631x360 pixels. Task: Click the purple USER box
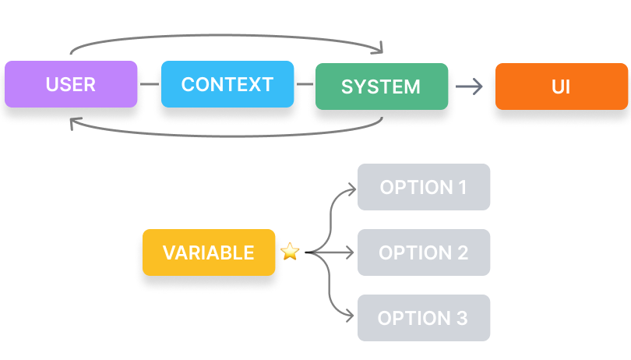[x=71, y=84]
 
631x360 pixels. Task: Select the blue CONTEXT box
[x=227, y=84]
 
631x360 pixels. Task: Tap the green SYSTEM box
[x=381, y=86]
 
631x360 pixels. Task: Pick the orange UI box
[x=561, y=86]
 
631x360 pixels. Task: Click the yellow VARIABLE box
[x=208, y=252]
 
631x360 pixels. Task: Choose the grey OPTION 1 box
[x=423, y=187]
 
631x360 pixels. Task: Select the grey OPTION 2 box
[x=423, y=252]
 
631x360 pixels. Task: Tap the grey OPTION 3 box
[x=423, y=318]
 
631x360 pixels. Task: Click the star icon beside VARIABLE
[x=290, y=252]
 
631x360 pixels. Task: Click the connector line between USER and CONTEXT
[x=149, y=84]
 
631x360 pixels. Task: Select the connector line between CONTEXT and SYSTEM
[x=305, y=84]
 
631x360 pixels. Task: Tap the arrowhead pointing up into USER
[x=73, y=122]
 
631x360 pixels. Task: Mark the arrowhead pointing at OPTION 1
[x=351, y=187]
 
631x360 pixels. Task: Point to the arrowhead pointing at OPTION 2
[x=351, y=252]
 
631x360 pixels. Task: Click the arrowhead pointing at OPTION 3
[x=351, y=318]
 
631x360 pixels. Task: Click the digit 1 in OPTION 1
[x=462, y=187]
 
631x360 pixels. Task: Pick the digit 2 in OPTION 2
[x=462, y=252]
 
